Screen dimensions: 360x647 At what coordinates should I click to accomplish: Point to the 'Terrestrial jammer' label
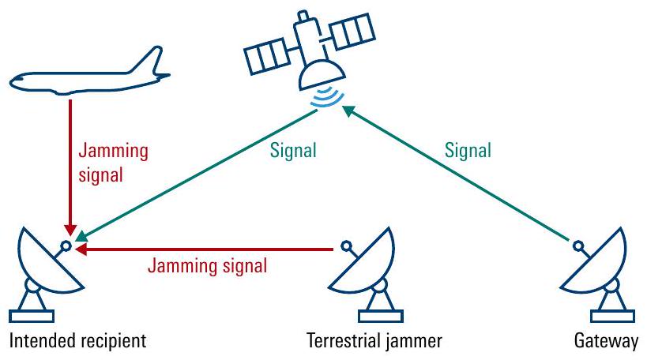(374, 342)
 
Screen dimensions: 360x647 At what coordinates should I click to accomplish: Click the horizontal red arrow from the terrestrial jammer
(205, 249)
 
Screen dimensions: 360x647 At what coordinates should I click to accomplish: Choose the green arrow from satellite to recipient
(197, 174)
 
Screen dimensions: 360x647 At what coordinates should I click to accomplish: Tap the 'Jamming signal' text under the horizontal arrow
(207, 266)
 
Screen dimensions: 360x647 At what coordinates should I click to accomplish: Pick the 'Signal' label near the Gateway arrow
(468, 149)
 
